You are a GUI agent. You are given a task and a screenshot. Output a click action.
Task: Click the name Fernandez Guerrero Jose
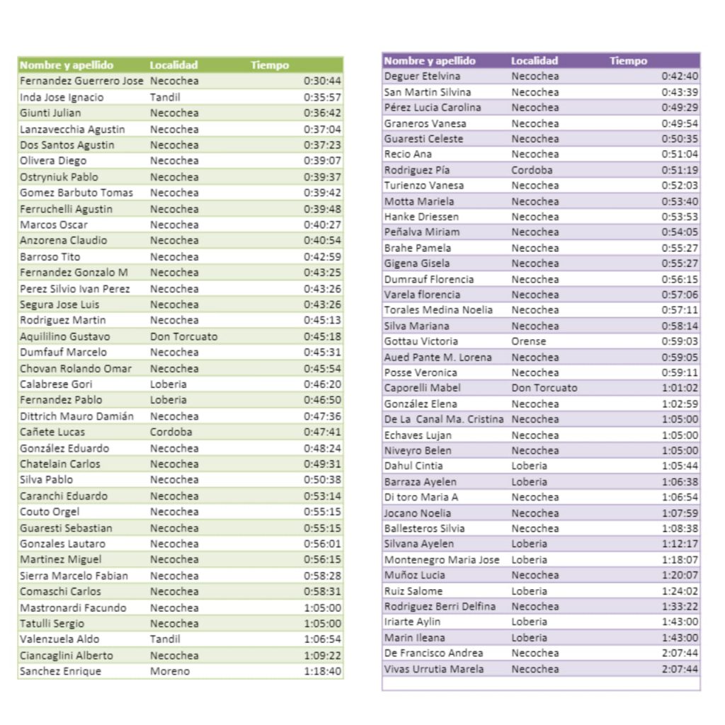81,81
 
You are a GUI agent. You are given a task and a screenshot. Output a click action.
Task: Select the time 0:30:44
322,81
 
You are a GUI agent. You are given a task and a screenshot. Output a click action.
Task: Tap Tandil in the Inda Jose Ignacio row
165,97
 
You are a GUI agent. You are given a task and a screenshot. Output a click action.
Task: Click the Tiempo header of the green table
270,65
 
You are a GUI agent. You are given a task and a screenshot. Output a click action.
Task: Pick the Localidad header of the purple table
535,61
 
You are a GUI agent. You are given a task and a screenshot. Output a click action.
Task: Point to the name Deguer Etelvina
422,76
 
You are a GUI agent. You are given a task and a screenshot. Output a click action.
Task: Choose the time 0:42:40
680,76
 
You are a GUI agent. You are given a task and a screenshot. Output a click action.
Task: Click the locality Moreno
170,671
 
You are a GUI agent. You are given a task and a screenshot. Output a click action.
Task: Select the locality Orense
529,341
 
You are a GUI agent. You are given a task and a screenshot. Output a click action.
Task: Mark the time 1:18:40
322,671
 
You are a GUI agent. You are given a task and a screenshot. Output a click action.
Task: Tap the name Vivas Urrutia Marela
434,669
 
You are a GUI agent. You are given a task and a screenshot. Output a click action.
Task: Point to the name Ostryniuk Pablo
59,177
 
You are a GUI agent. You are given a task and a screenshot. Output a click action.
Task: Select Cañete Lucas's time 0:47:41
322,432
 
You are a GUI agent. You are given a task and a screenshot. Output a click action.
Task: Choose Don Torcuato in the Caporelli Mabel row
544,388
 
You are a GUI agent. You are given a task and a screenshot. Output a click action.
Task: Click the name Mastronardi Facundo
73,607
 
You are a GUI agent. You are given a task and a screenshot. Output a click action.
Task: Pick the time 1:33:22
680,606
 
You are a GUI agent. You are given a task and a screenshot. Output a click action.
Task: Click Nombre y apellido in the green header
67,65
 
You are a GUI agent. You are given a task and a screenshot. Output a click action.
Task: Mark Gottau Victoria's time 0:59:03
680,341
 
